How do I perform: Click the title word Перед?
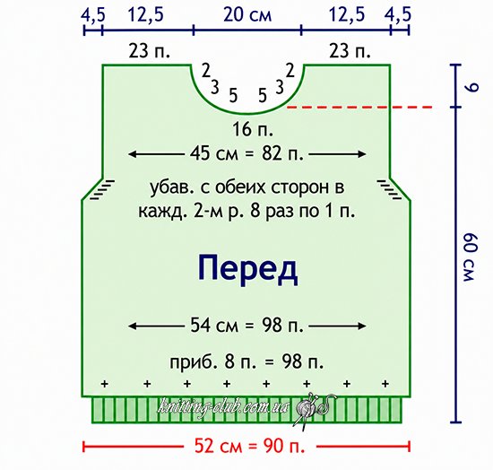(x=247, y=270)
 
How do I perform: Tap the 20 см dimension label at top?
(x=247, y=15)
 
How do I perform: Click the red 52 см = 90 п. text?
(x=250, y=446)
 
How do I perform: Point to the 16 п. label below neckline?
(x=253, y=129)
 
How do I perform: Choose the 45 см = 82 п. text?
(x=247, y=154)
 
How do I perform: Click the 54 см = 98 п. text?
(x=247, y=326)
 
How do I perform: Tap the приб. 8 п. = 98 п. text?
(x=246, y=362)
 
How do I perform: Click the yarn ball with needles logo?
(x=311, y=409)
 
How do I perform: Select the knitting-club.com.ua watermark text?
(x=224, y=408)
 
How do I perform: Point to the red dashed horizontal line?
(x=360, y=108)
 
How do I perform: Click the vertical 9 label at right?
(x=471, y=87)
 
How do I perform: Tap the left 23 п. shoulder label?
(x=149, y=51)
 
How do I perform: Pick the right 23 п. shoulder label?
(x=350, y=51)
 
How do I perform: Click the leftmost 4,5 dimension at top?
(x=92, y=15)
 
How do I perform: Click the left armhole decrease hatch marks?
(x=102, y=189)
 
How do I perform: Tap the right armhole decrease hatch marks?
(x=390, y=189)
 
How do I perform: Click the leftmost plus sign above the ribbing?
(x=105, y=384)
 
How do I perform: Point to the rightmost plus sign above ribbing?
(x=385, y=384)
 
